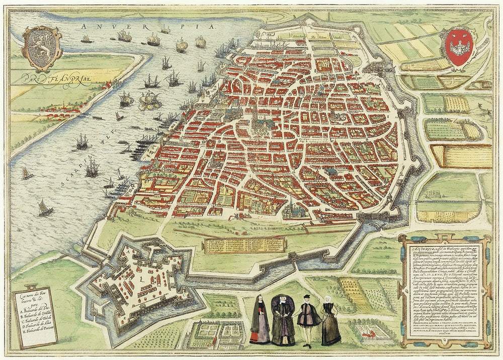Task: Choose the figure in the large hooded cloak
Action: point(283,320)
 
